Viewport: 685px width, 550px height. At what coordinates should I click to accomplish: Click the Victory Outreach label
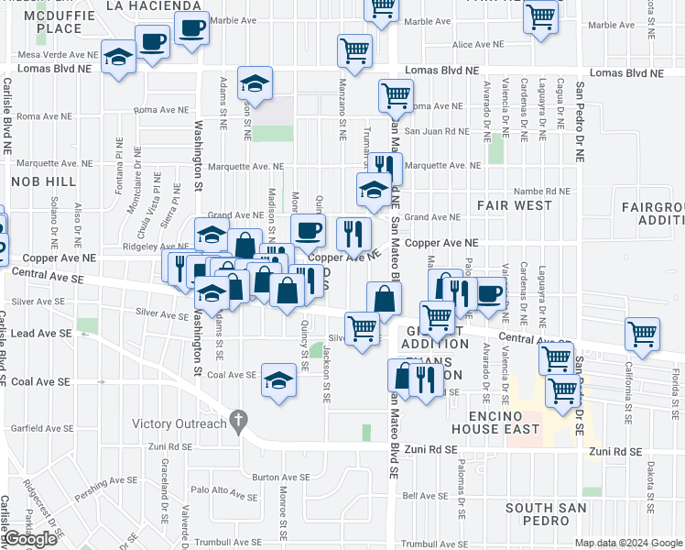tap(179, 423)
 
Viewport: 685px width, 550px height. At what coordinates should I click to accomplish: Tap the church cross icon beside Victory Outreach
tap(239, 422)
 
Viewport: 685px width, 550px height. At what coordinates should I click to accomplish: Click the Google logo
tap(30, 539)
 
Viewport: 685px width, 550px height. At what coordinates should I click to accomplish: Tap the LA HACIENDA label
tap(154, 5)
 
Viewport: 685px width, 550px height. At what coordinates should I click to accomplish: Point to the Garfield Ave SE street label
tap(40, 428)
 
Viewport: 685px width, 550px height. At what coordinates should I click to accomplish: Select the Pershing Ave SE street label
tap(107, 479)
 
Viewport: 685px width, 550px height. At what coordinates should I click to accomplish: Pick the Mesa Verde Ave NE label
tap(54, 55)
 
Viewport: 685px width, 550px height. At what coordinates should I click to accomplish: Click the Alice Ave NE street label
tap(473, 44)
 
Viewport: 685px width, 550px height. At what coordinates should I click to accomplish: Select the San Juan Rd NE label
tap(438, 131)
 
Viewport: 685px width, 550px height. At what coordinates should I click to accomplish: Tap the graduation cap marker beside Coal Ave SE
tap(279, 379)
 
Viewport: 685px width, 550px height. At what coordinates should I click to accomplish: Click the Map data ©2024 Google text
tap(628, 543)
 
